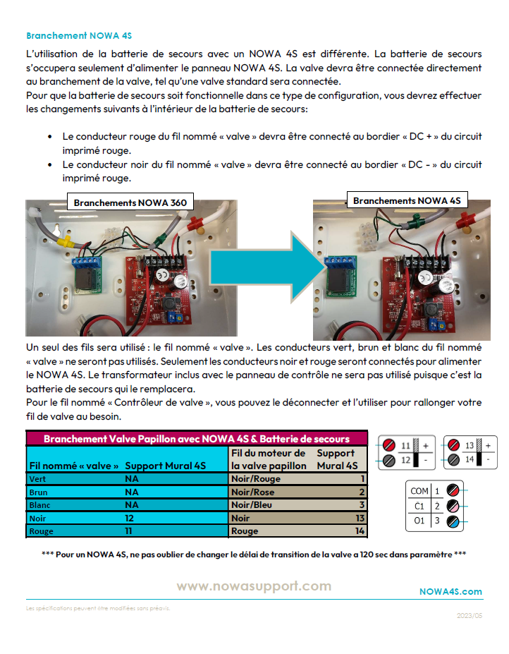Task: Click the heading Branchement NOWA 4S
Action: (79, 35)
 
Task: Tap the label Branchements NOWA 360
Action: (130, 202)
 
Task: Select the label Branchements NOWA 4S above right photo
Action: (407, 201)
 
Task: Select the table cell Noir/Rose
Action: (253, 492)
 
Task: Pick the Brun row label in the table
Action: (38, 492)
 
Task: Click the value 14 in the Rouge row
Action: (360, 531)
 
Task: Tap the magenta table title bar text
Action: (197, 439)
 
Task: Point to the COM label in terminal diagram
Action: (419, 490)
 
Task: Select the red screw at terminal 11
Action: (388, 445)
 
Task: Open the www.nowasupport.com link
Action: (253, 586)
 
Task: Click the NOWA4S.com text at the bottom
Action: (450, 591)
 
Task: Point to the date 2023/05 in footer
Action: (470, 615)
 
